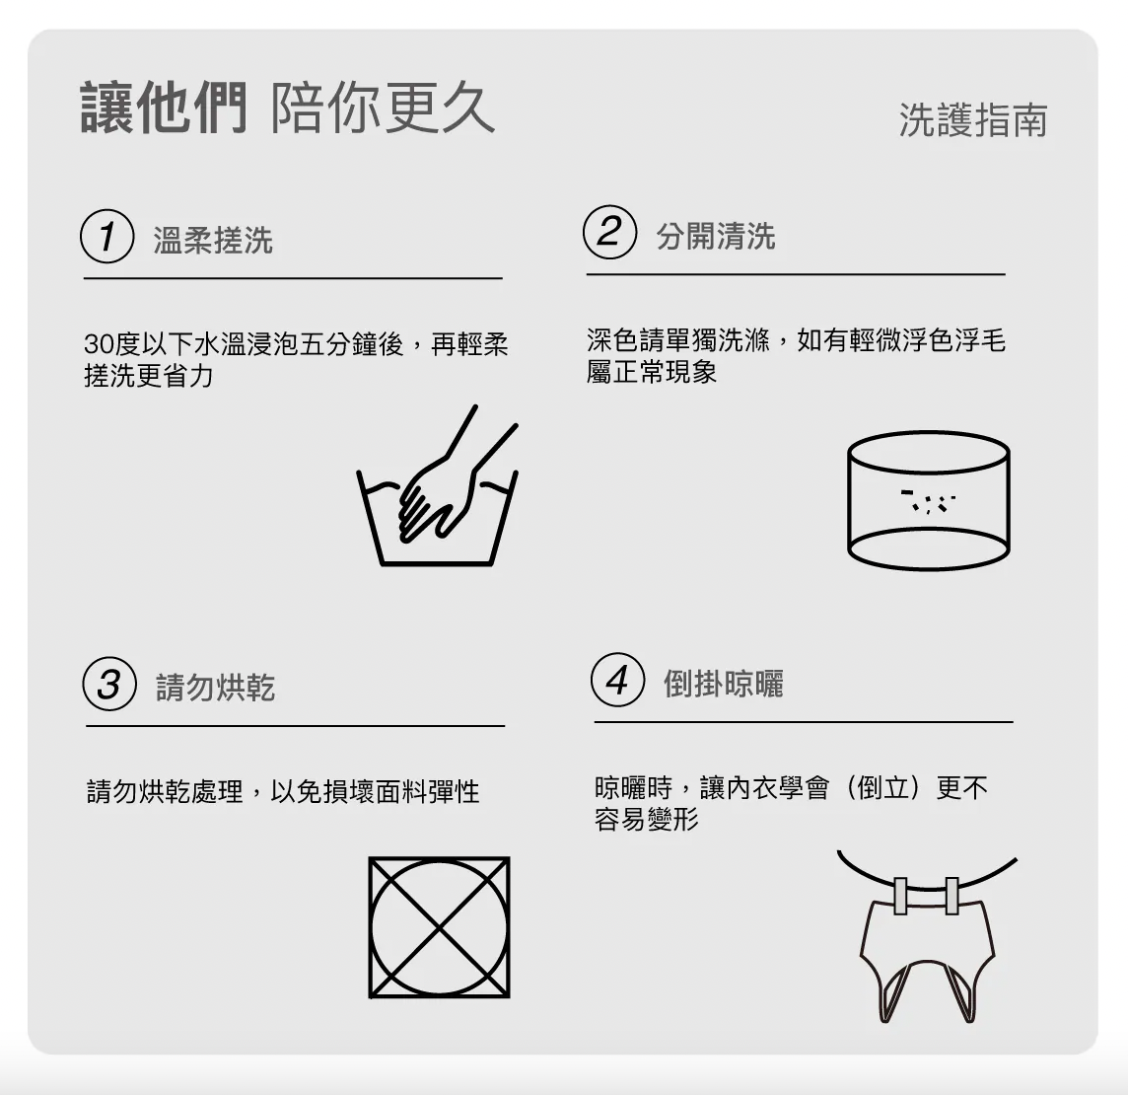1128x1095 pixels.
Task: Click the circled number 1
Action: pyautogui.click(x=107, y=236)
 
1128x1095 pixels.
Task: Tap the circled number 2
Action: pyautogui.click(x=610, y=232)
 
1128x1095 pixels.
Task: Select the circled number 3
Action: pyautogui.click(x=109, y=684)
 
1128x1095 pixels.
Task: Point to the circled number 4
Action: pyautogui.click(x=618, y=680)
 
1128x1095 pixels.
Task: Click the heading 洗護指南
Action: pyautogui.click(x=973, y=119)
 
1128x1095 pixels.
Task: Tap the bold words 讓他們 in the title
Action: pyautogui.click(x=164, y=108)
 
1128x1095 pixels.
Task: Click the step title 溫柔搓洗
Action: pyautogui.click(x=213, y=241)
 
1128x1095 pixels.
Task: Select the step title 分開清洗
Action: pyautogui.click(x=716, y=236)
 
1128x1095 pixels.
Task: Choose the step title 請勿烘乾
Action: pyautogui.click(x=216, y=688)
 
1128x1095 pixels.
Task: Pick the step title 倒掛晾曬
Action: pyautogui.click(x=724, y=684)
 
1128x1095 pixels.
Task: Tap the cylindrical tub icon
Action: pyautogui.click(x=929, y=501)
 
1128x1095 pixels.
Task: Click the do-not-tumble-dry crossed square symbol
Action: pyautogui.click(x=439, y=927)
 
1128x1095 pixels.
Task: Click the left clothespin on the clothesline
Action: pyautogui.click(x=900, y=896)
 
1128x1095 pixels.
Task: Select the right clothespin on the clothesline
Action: pyautogui.click(x=952, y=896)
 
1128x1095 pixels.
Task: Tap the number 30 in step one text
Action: pyautogui.click(x=98, y=344)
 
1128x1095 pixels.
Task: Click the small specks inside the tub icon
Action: pyautogui.click(x=929, y=501)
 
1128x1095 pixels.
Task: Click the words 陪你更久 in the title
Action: pyautogui.click(x=383, y=108)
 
